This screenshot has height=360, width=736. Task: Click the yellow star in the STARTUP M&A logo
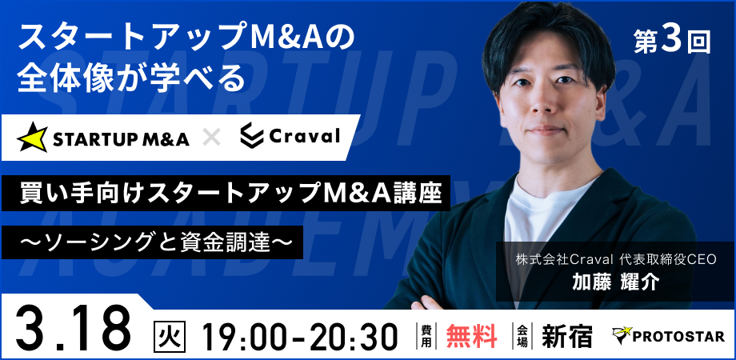[32, 137]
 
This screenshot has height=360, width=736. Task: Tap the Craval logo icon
[251, 136]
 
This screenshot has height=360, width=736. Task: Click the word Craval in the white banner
[304, 136]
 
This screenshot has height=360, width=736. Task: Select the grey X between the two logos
[211, 137]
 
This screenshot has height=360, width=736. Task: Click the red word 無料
[471, 335]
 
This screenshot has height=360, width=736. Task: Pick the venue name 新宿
[566, 335]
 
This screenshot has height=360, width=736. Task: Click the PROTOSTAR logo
[669, 335]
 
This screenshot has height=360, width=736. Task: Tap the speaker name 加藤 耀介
[615, 282]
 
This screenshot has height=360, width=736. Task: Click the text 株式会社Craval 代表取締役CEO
[616, 259]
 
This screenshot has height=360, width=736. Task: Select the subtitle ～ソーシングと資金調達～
[153, 242]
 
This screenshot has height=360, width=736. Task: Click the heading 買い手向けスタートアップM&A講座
[230, 193]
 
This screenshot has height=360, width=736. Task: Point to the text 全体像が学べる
[131, 78]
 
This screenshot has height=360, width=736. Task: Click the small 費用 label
[426, 335]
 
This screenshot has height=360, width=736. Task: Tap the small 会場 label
[522, 335]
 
